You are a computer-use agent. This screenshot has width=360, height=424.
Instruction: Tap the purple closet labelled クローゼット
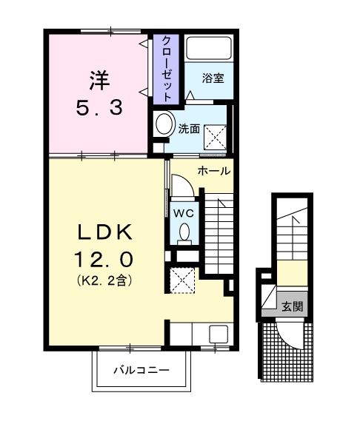(167, 68)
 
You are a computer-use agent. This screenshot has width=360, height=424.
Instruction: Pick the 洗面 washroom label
(189, 128)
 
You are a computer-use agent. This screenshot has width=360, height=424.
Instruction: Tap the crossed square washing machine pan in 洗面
(215, 136)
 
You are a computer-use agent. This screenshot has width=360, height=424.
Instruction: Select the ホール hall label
(213, 171)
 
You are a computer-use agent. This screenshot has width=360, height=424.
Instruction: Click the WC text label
(183, 212)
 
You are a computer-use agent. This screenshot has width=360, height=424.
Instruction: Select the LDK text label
(105, 232)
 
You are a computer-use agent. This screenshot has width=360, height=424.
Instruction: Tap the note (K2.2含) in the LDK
(105, 282)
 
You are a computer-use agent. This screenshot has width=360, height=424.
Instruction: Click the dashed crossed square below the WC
(182, 280)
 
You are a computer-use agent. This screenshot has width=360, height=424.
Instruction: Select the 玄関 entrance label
(291, 306)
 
